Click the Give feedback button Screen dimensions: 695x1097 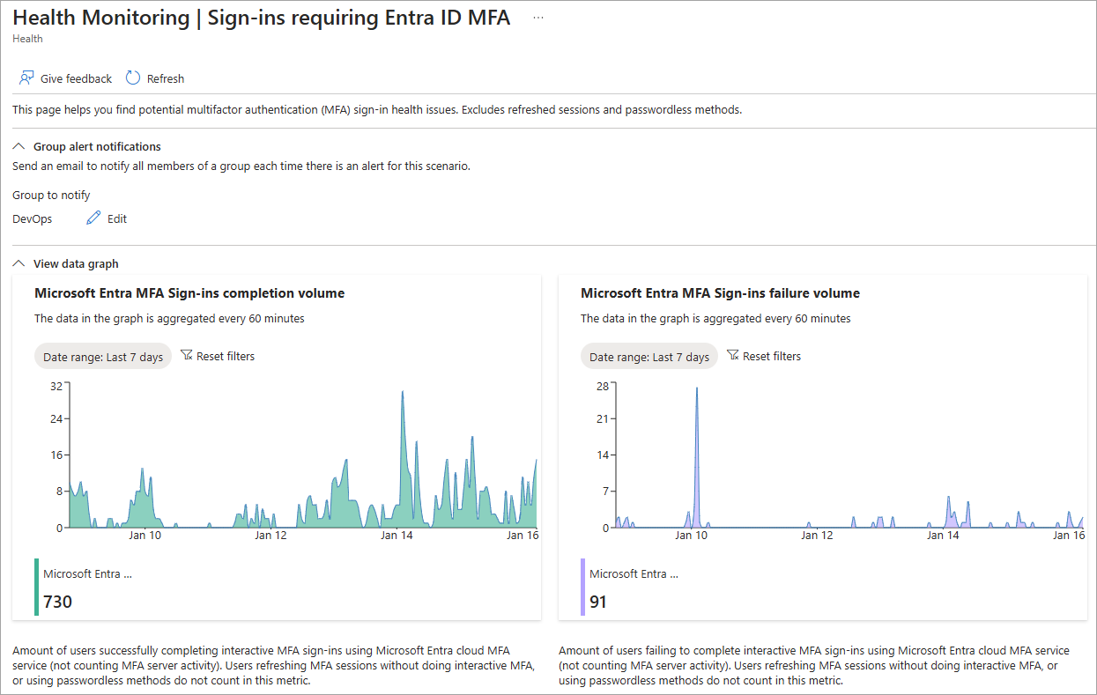coord(66,78)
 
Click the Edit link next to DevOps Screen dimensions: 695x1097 coord(107,218)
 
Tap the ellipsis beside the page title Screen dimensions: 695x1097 coord(538,18)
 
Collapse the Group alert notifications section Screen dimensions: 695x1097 coord(19,147)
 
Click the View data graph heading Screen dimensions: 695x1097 coord(75,263)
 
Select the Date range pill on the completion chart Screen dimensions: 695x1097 coord(103,357)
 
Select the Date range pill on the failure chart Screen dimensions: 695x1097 coord(649,357)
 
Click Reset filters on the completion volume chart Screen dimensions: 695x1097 coord(218,356)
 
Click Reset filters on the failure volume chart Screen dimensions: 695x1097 coord(764,356)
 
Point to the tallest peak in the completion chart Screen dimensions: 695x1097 coord(403,392)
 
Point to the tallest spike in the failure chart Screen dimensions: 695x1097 coord(697,388)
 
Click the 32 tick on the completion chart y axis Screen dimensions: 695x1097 coord(56,386)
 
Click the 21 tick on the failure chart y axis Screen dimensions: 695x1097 coord(603,418)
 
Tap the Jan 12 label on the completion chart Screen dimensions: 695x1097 coord(271,535)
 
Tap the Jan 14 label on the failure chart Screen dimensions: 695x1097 coord(943,535)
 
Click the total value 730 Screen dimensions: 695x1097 coord(57,602)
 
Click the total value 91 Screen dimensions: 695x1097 coord(598,602)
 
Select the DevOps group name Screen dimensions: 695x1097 coord(33,218)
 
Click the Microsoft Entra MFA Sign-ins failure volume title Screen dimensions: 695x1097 coord(720,293)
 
